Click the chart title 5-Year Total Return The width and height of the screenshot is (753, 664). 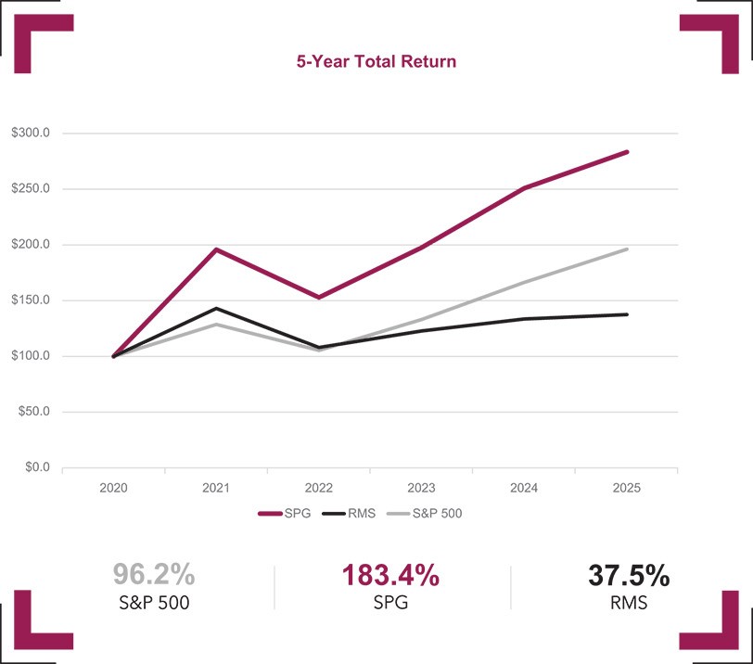[x=376, y=62]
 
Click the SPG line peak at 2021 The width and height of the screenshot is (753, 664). [x=216, y=249]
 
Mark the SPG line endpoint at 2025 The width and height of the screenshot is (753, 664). [x=627, y=152]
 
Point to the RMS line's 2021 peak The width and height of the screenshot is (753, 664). [x=216, y=308]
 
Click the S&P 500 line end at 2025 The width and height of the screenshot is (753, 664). [x=627, y=249]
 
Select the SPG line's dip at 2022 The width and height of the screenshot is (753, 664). [x=319, y=297]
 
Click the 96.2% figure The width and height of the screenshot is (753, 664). [x=153, y=575]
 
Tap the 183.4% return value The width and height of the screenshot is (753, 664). [x=389, y=575]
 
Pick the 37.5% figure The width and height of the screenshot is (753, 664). [x=629, y=575]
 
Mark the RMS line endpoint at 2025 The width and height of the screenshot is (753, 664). [x=627, y=314]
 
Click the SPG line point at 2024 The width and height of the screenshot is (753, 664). [x=524, y=188]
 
